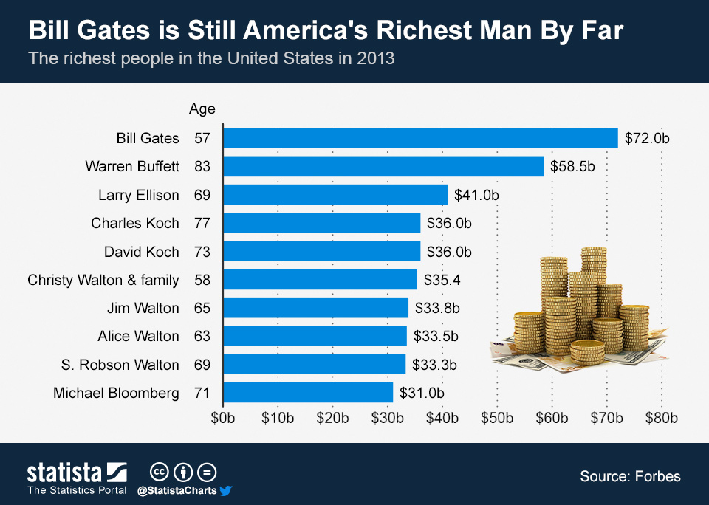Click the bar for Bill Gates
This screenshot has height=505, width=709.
pos(419,138)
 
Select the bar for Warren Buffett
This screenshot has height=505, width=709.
pos(383,166)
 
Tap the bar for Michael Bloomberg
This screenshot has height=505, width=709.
pos(307,393)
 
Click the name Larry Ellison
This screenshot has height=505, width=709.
pos(139,195)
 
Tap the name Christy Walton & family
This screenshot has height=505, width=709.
pos(103,280)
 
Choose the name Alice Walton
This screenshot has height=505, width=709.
pos(138,336)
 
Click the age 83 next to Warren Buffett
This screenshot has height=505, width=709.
pos(202,166)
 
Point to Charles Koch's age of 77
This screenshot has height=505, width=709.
pos(202,223)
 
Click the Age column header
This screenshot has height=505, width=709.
pos(202,109)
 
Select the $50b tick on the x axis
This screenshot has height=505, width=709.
pos(496,418)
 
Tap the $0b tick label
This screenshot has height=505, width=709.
pos(223,418)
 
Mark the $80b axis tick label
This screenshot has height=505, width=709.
pos(661,418)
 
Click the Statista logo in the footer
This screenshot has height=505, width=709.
pos(77,473)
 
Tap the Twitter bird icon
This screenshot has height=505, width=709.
pos(226,490)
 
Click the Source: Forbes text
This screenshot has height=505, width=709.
pos(630,476)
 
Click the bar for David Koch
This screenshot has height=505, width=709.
pos(321,251)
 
